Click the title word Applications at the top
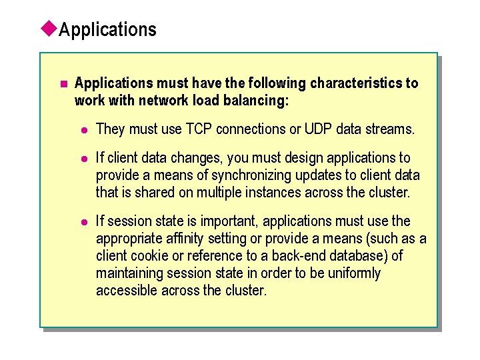[x=108, y=30]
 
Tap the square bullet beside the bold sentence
[x=63, y=84]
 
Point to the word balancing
[x=259, y=101]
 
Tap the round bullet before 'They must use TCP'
[x=85, y=129]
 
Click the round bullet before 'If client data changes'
[x=85, y=159]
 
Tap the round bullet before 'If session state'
[x=85, y=222]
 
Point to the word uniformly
[x=353, y=273]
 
